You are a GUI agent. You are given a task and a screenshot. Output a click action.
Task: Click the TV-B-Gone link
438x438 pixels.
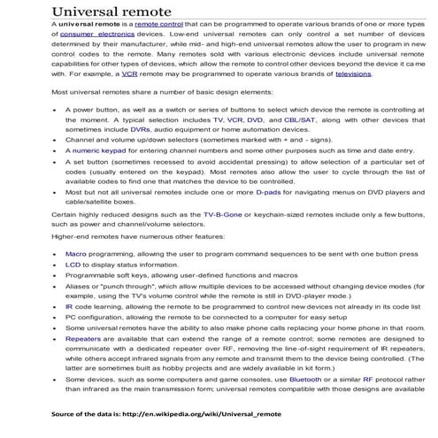(226, 240)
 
